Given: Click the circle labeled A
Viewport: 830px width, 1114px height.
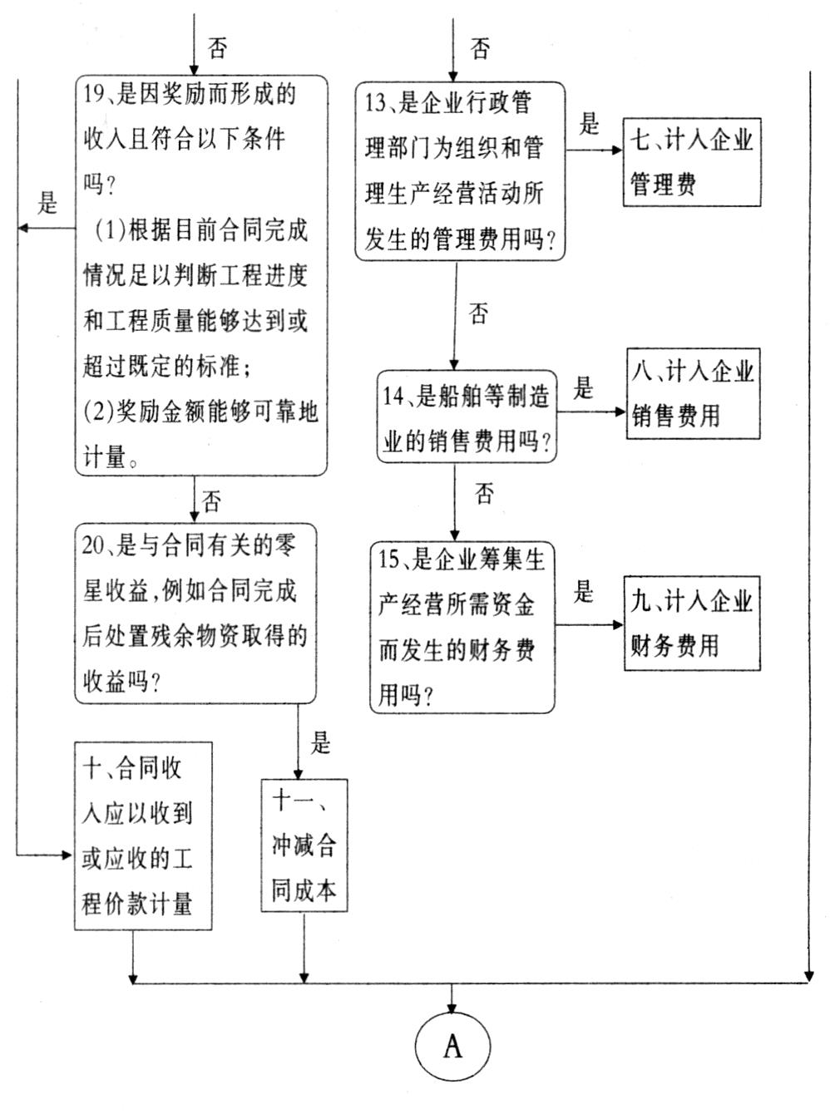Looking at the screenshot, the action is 452,1046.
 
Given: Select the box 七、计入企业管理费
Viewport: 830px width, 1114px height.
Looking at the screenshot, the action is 692,162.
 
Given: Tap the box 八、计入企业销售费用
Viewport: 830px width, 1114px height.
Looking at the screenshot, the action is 693,394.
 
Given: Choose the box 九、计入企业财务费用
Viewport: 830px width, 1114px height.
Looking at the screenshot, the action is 692,624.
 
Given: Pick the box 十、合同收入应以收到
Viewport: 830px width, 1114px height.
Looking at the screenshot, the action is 143,836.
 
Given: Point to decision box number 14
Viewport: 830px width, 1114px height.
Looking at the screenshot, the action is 467,417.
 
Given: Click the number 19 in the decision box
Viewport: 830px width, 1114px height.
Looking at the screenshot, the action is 93,95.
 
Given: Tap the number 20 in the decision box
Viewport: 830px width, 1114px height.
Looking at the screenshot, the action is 94,545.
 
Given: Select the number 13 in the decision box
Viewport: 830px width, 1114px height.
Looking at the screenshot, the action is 375,103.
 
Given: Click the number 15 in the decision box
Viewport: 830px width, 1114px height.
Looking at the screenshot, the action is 388,559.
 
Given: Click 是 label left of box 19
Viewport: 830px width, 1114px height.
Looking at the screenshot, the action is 47,203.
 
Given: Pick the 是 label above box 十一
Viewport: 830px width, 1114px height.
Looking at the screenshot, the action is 320,743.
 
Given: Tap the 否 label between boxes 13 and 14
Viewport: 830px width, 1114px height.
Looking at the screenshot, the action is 478,313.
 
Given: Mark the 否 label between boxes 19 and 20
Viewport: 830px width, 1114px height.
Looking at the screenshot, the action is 211,500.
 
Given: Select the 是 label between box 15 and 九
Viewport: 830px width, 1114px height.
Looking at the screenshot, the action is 583,591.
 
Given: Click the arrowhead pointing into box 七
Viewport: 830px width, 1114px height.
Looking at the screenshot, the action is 617,150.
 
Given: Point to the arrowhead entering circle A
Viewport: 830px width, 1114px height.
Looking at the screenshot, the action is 452,1007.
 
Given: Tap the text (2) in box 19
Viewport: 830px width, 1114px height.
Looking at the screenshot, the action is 97,412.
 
